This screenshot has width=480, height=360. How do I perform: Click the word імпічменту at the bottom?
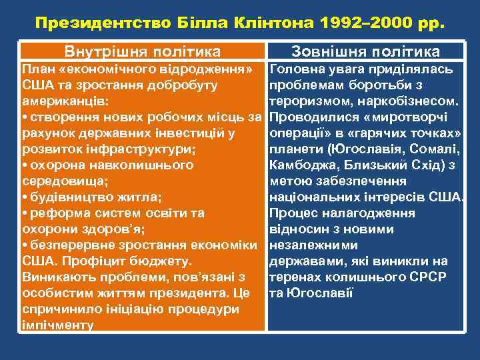pos(57,325)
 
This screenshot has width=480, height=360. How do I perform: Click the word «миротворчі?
pos(421,118)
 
